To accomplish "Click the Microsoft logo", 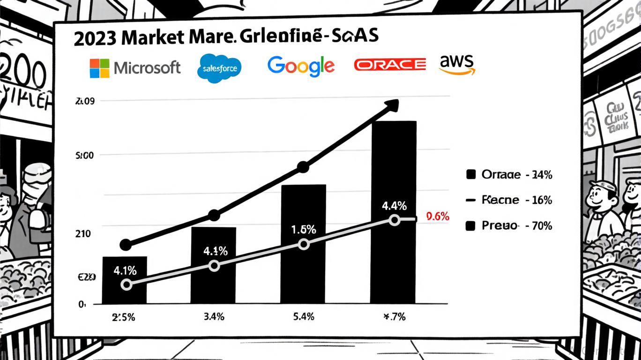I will pos(135,68).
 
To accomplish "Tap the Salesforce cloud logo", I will pos(220,68).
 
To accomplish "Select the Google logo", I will pos(301,66).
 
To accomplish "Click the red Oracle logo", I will pos(390,64).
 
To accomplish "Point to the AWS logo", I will pos(457,64).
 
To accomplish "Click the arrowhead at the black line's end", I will pos(391,106).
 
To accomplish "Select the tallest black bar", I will pos(393,211).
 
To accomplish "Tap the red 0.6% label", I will pos(438,217).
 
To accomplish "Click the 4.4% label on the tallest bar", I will pos(394,205).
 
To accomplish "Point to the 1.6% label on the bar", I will pos(304,230).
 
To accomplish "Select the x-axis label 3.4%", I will pos(214,317).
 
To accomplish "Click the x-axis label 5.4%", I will pos(303,317).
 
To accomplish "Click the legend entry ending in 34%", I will pos(510,175).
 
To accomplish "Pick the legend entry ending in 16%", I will pos(510,200).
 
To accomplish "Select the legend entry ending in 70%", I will pos(510,226).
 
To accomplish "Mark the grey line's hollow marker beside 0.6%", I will pos(395,220).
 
